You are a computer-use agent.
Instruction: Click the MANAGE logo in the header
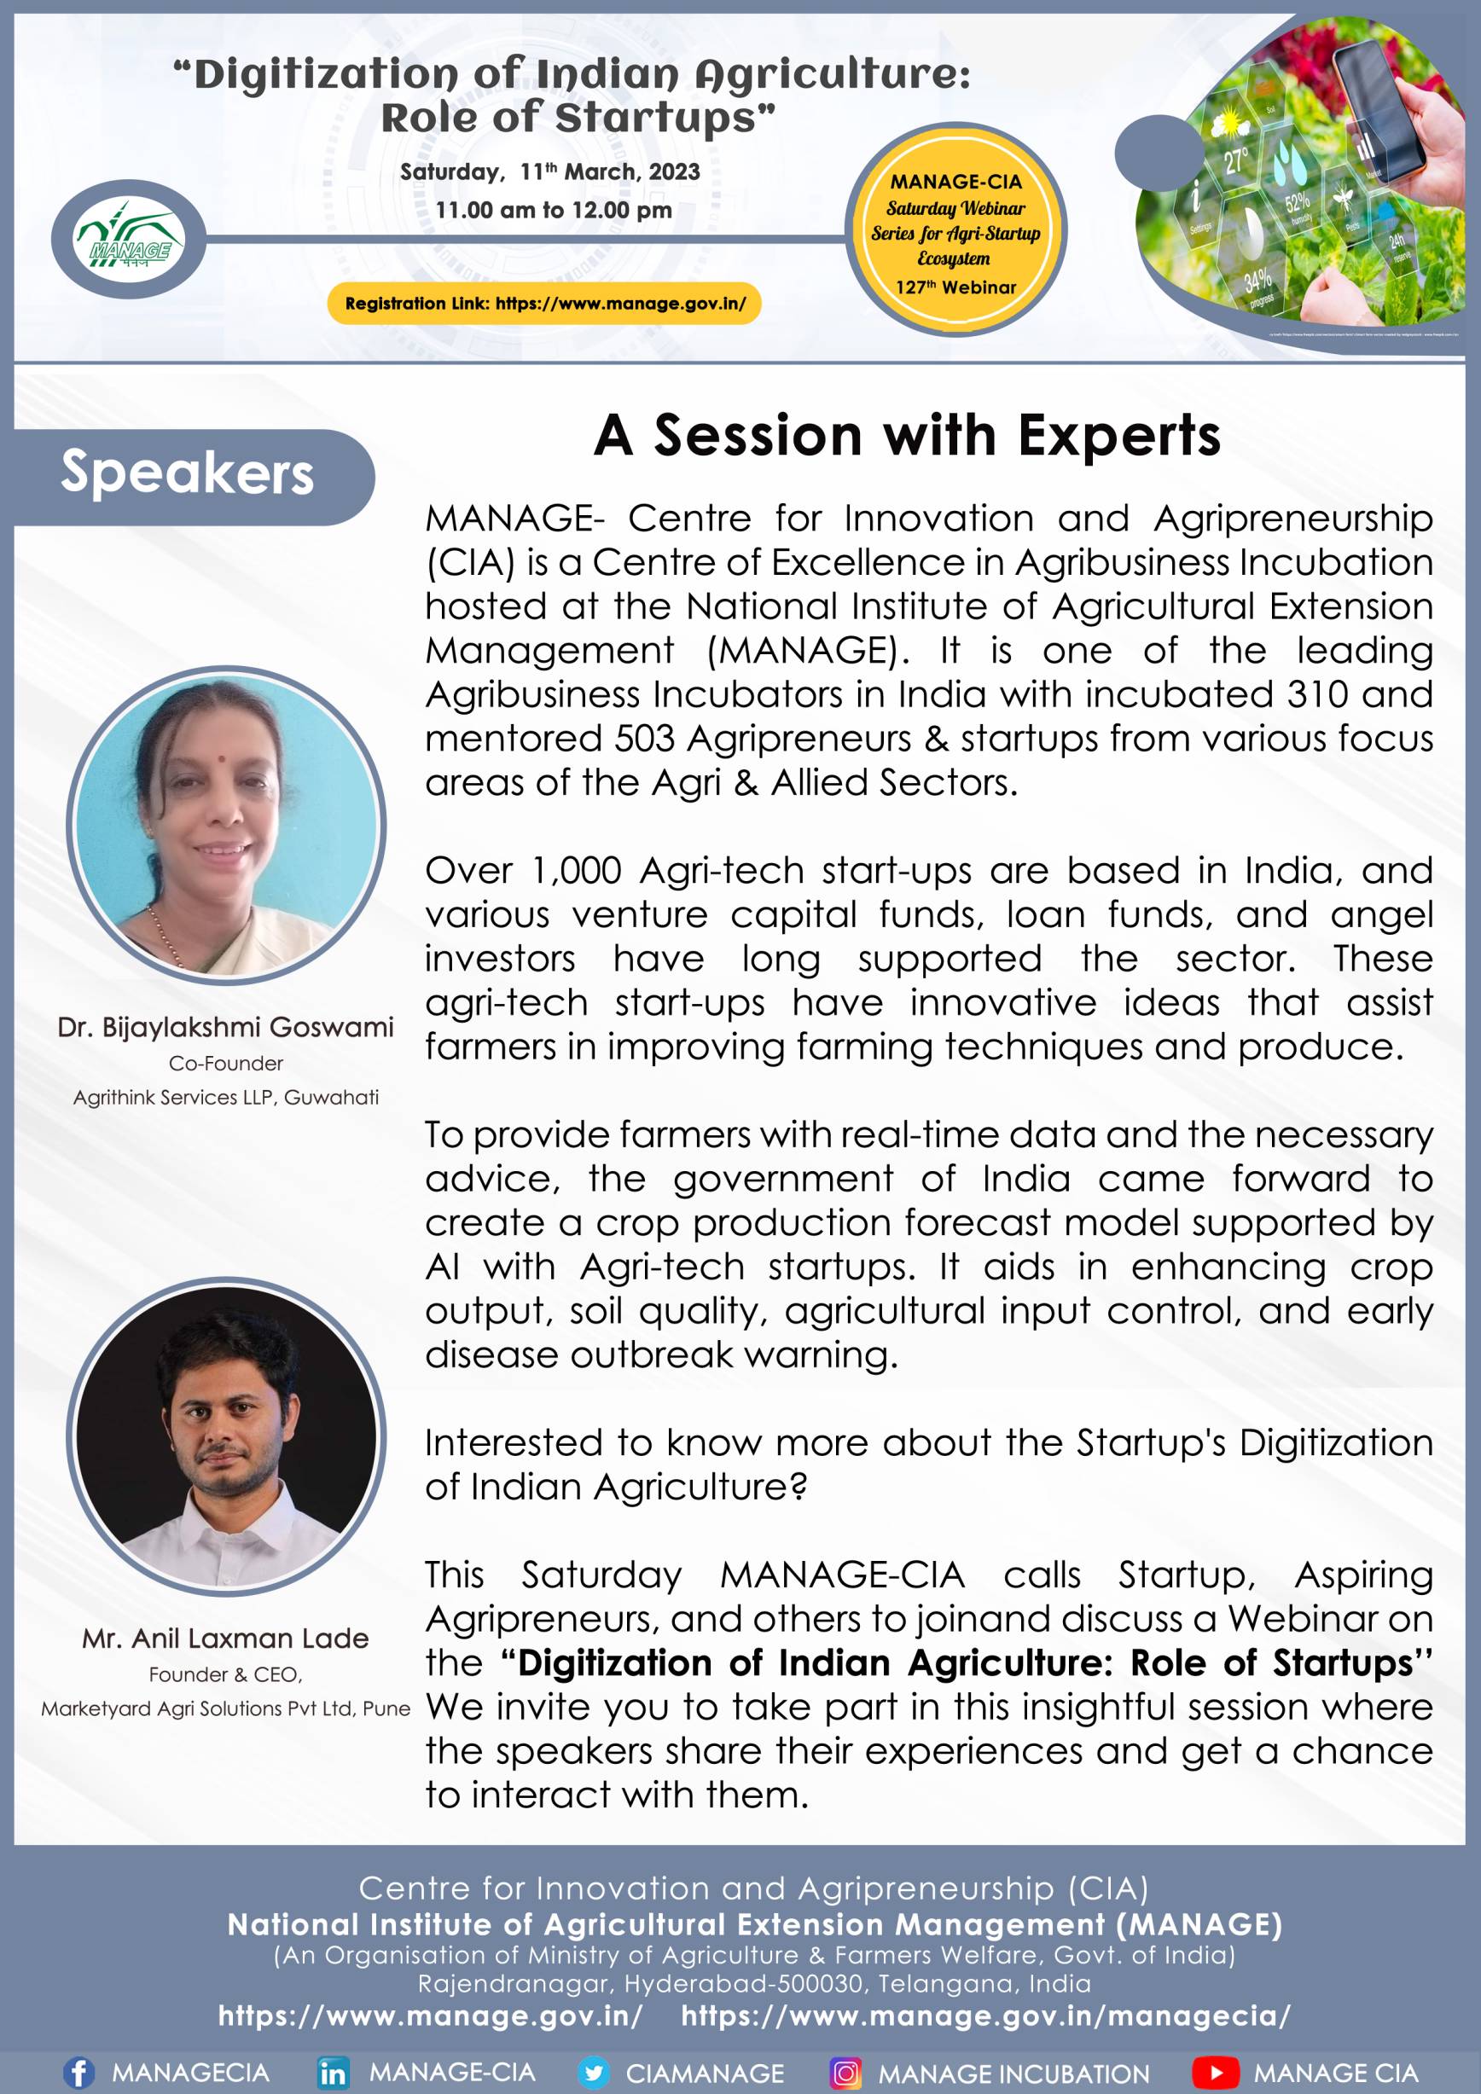pos(129,240)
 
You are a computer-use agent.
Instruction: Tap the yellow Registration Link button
pos(545,304)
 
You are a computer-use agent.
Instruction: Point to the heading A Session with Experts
pos(907,435)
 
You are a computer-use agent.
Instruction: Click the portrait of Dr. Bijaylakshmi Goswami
pos(226,826)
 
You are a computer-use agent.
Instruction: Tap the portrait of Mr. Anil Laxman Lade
pos(226,1436)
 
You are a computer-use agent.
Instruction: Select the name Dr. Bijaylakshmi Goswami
pos(225,1027)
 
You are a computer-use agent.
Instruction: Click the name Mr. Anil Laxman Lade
pos(225,1638)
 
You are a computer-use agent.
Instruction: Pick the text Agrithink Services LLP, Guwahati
pos(226,1097)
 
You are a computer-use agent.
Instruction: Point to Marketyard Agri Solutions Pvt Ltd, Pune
pos(225,1708)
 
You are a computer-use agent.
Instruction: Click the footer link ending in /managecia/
pos(986,2016)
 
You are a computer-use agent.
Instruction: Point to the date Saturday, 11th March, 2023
pos(550,171)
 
